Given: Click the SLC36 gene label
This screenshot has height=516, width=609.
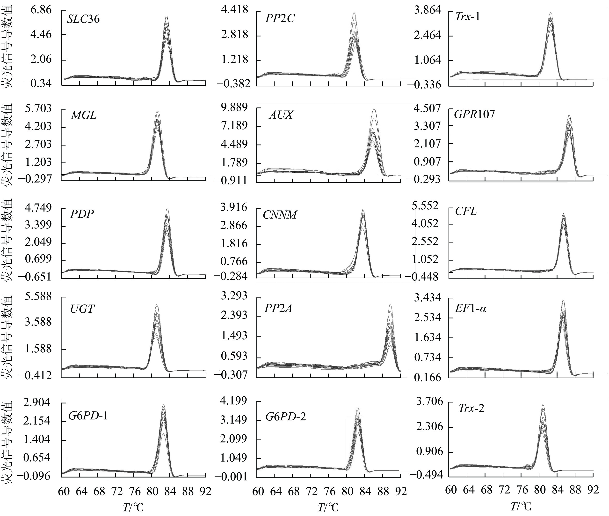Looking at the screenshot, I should coord(83,19).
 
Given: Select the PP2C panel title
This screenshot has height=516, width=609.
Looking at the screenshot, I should coord(280,18).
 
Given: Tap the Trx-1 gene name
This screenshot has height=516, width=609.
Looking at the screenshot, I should coord(467,17).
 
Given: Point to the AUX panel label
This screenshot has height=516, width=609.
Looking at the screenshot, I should coord(281,115).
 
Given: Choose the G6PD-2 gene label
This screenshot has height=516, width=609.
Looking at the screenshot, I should coord(285,416).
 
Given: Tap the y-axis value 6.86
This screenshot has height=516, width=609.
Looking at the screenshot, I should coord(41,10).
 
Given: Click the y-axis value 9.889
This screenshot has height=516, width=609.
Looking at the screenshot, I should coord(234,107).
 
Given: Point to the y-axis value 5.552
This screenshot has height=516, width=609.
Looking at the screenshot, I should coord(425,206).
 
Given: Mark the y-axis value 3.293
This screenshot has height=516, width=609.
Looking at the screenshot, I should coord(234,296).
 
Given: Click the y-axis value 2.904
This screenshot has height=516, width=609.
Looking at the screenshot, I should coord(37,402).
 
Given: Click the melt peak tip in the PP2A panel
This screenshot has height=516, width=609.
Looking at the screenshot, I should coord(390,304).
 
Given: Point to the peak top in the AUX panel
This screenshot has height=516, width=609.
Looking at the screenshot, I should coord(374,109).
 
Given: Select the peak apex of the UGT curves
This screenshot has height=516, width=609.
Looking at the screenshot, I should coord(157,304).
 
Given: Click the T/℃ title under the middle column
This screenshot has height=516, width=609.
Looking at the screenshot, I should coord(328,508).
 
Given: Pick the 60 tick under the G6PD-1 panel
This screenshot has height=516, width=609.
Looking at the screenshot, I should coord(64,491).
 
